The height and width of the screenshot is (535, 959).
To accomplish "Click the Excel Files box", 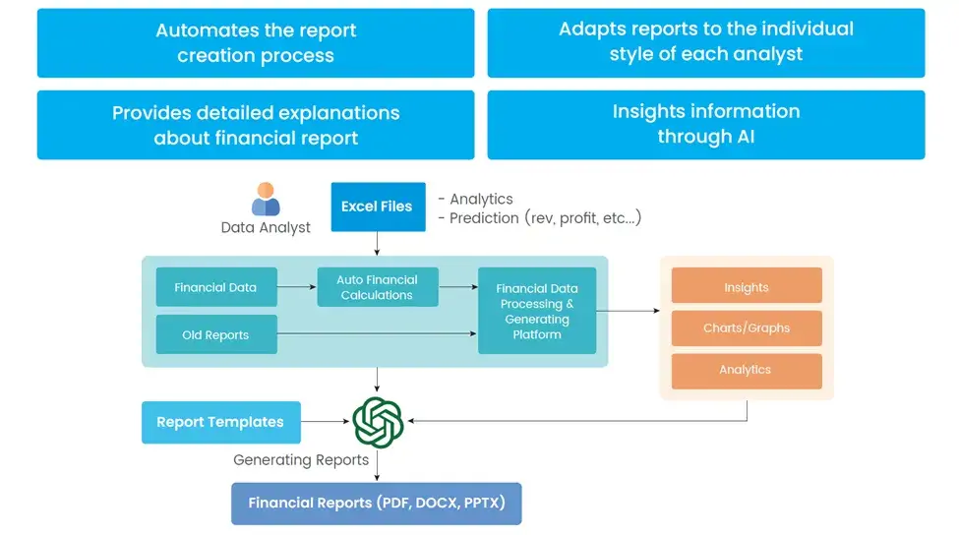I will tap(377, 207).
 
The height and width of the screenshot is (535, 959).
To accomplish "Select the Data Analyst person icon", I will tap(266, 199).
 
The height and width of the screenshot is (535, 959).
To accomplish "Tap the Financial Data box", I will tap(215, 287).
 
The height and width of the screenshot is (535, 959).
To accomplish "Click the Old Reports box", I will tap(215, 334).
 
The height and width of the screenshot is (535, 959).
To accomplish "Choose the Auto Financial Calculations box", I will tap(377, 287).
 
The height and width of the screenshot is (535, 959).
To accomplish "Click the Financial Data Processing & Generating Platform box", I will tap(536, 311).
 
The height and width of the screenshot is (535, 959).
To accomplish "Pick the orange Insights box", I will tap(746, 287).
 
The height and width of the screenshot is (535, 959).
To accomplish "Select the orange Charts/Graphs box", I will tap(746, 328).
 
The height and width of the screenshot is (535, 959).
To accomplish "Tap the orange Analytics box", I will tap(746, 370).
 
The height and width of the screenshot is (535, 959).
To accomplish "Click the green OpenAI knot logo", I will tap(378, 422).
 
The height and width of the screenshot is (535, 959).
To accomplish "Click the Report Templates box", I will tap(219, 422).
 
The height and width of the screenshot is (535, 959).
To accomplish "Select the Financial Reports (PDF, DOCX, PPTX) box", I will tap(376, 503).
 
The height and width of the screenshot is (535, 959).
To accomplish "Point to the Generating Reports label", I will tap(301, 459).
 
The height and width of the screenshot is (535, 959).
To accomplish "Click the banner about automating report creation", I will tap(256, 43).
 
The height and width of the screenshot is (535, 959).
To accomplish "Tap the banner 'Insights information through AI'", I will tap(705, 124).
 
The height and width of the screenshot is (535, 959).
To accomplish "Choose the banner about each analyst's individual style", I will tap(705, 43).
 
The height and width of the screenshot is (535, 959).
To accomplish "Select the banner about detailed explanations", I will tap(256, 124).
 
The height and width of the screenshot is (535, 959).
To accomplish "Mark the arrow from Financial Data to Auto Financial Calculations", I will tap(296, 287).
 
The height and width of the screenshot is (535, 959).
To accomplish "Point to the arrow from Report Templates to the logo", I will tap(326, 422).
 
